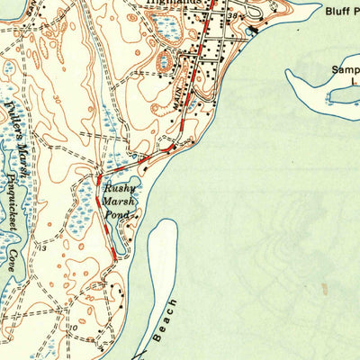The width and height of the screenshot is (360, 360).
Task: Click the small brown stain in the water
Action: point(323,289)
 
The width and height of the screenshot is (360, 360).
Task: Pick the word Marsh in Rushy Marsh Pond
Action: point(120,203)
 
